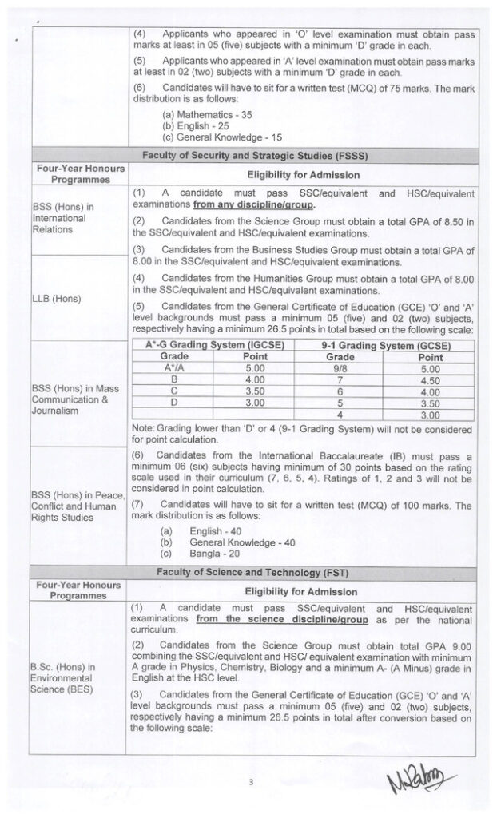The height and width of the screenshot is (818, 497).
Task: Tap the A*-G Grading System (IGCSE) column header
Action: pos(215,345)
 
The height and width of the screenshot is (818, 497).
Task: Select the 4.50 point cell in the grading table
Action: pos(430,381)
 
